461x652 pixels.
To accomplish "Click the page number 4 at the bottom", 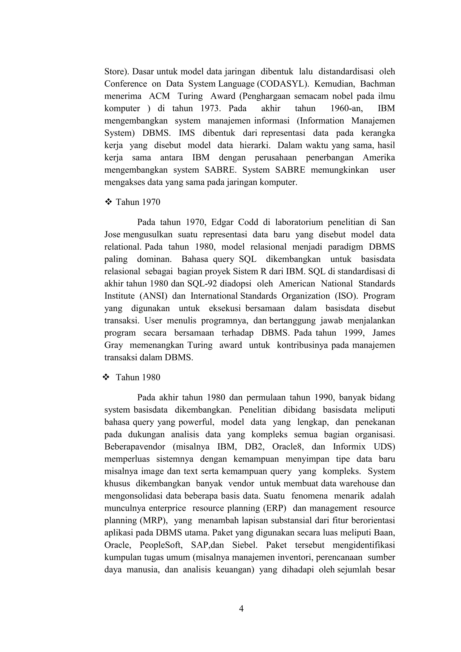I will click(241, 609).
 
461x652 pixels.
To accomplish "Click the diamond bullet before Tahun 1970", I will click(108, 202).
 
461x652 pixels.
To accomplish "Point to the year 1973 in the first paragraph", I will click(211, 108).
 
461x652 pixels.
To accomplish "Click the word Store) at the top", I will click(117, 71).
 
